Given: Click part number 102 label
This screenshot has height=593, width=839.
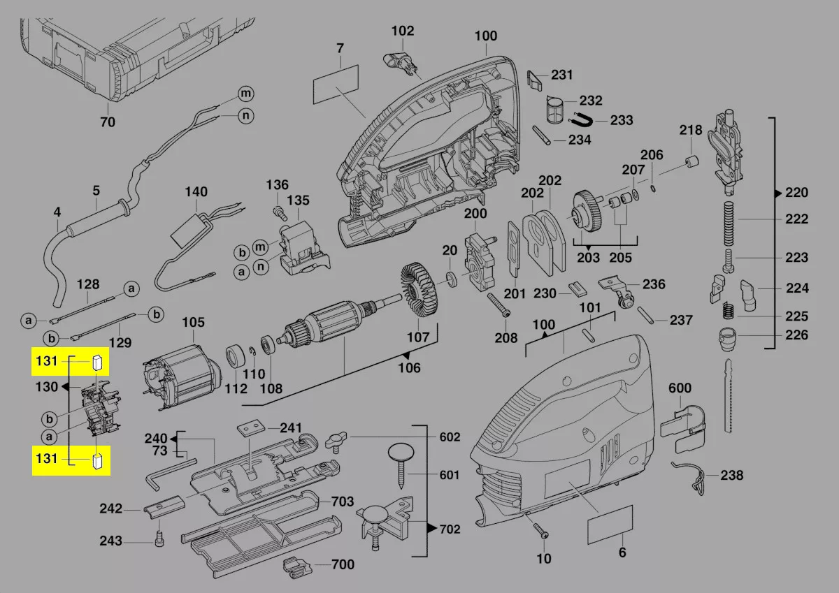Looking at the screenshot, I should point(402,31).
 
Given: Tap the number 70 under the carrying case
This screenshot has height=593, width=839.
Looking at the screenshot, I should point(107,122).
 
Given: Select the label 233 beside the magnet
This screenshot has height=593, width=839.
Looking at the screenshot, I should point(621,120).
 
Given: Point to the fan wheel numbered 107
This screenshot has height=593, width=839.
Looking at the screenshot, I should point(417,293).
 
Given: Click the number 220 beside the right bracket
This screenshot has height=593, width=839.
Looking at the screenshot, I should point(796,193).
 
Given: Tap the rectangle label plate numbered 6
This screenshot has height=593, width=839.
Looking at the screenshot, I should point(610,524).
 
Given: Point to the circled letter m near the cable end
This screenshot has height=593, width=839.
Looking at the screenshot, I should point(245,93).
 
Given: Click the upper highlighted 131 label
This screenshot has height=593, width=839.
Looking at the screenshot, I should point(46,361).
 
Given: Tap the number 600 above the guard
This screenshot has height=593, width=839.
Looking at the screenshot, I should point(680,388).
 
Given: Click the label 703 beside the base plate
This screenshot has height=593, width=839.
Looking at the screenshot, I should point(342,502).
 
